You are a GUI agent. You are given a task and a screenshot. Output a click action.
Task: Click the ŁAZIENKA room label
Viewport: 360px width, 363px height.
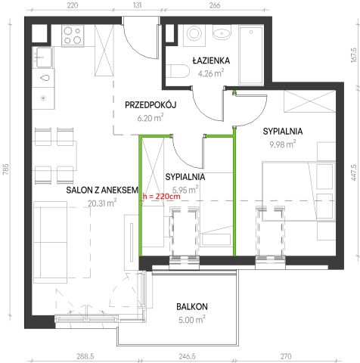click(211, 60)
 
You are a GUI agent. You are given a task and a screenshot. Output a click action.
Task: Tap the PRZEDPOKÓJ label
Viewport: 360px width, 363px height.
click(151, 104)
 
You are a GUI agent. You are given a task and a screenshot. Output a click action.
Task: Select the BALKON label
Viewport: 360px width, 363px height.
click(192, 306)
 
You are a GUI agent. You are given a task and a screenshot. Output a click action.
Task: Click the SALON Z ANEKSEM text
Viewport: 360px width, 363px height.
click(102, 190)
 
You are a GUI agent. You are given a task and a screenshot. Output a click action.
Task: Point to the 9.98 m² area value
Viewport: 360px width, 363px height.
click(283, 144)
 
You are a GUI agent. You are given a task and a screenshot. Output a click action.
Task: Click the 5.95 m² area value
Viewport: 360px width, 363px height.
click(185, 190)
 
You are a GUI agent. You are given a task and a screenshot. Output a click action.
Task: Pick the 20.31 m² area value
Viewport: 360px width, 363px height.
click(102, 203)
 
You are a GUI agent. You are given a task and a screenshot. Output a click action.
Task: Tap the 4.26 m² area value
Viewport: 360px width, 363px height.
click(211, 73)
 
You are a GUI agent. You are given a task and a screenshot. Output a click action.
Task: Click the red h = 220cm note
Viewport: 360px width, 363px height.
click(161, 197)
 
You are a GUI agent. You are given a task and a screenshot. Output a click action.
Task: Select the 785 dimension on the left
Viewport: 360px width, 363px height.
click(6, 169)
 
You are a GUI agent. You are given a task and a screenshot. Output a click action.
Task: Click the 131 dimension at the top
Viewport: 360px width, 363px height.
click(137, 5)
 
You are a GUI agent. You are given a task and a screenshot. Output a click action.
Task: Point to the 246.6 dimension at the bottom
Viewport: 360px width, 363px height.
click(187, 356)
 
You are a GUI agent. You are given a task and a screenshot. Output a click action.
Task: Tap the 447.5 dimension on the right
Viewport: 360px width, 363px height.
click(354, 172)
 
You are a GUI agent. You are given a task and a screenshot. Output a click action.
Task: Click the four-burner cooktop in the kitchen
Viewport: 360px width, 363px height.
click(73, 36)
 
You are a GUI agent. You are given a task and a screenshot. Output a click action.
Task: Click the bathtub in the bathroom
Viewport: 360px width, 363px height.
click(251, 55)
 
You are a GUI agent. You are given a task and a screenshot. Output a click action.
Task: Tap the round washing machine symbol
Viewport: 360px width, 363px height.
click(194, 34)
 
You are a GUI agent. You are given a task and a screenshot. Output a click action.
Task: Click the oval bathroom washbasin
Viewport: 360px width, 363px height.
click(222, 33)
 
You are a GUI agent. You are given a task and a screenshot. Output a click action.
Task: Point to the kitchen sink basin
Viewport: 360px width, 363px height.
click(44, 57)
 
